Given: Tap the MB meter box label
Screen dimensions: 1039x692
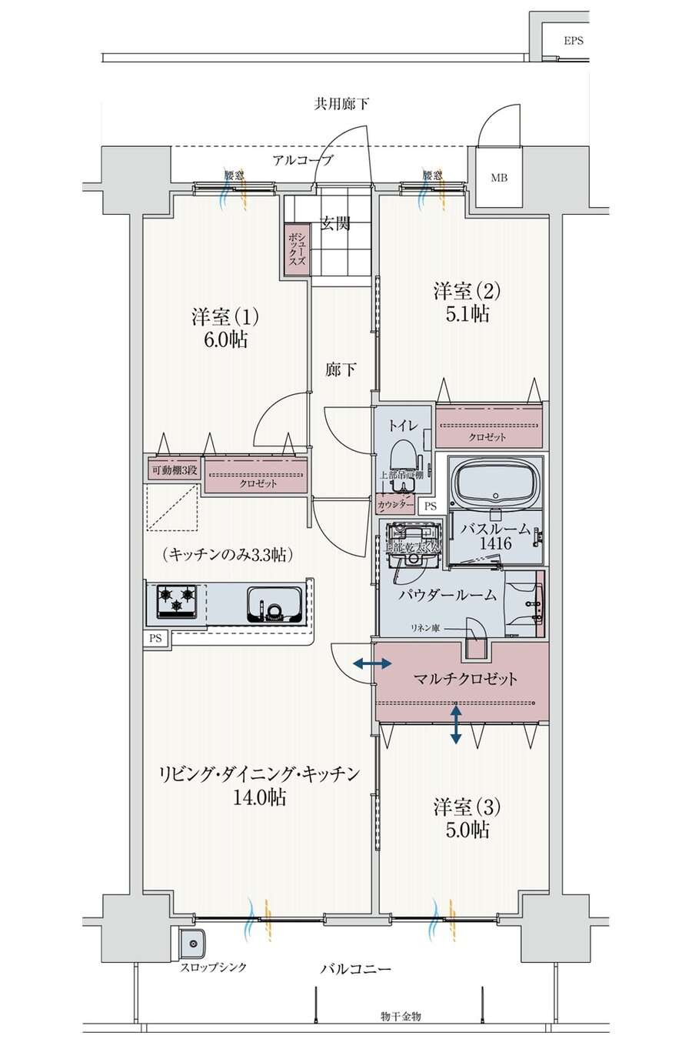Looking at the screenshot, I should [499, 179].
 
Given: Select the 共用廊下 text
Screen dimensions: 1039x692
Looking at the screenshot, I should [341, 103].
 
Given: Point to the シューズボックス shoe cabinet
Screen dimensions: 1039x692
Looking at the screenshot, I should [293, 250].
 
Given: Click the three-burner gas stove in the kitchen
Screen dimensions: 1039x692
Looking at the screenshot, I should [178, 600].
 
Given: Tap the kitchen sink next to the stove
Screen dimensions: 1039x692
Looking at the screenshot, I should [273, 602].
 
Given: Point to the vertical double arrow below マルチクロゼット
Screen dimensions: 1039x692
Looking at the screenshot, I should [456, 723].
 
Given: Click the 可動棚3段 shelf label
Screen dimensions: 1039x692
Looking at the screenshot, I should [173, 470].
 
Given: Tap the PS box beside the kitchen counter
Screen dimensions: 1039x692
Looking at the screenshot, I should [156, 638].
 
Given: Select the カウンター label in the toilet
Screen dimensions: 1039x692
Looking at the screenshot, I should [393, 506].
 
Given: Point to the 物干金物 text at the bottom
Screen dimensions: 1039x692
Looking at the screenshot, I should [401, 1017].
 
